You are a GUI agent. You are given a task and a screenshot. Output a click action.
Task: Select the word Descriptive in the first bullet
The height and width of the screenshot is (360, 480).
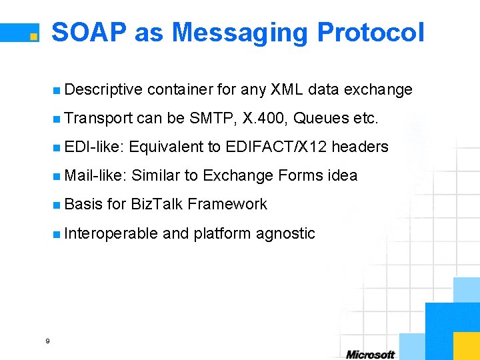point(104,89)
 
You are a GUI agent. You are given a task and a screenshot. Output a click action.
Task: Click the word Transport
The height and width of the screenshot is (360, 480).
point(99,119)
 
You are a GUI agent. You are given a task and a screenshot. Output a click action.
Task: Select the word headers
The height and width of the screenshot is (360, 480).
point(360,147)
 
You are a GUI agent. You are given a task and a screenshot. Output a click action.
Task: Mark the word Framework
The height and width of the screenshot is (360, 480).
point(227,204)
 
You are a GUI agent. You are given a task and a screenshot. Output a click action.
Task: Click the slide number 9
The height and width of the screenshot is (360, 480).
point(47,341)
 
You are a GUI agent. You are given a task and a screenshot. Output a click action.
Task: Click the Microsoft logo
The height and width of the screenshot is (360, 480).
point(370,354)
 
